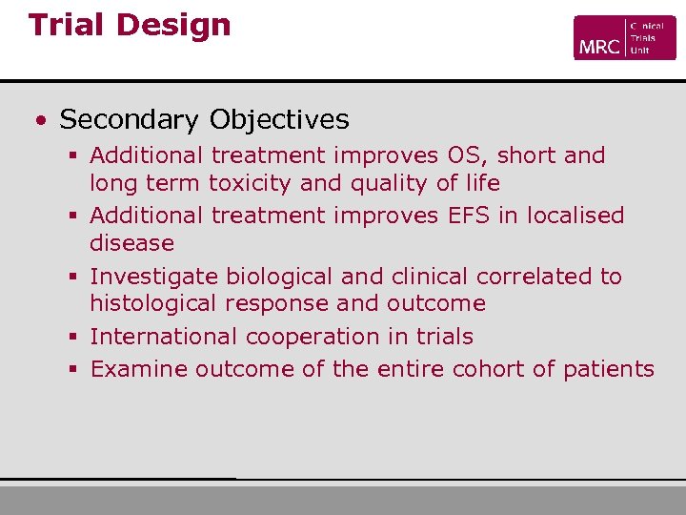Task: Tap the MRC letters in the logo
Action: click(598, 46)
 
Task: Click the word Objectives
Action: click(279, 120)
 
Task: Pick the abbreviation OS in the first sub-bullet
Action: click(463, 155)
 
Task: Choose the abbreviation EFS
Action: click(469, 216)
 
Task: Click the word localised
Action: click(574, 216)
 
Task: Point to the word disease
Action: click(131, 243)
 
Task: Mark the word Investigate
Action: click(153, 277)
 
